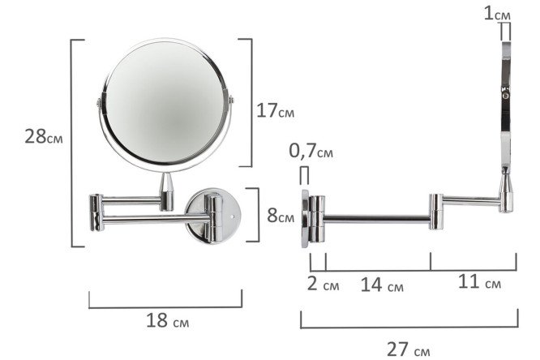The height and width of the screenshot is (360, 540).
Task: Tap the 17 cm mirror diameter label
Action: point(275,111)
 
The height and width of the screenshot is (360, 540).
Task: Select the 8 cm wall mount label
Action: point(281,216)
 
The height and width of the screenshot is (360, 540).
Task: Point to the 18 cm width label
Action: point(168,320)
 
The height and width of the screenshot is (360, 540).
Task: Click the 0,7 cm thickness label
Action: point(311,151)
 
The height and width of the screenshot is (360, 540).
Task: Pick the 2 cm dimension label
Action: point(323,284)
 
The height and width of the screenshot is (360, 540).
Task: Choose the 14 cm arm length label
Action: point(382,285)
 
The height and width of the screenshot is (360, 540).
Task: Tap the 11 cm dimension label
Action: point(479,282)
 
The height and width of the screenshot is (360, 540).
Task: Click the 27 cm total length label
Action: point(409,349)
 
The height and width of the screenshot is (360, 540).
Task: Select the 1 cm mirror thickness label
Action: point(497,14)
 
